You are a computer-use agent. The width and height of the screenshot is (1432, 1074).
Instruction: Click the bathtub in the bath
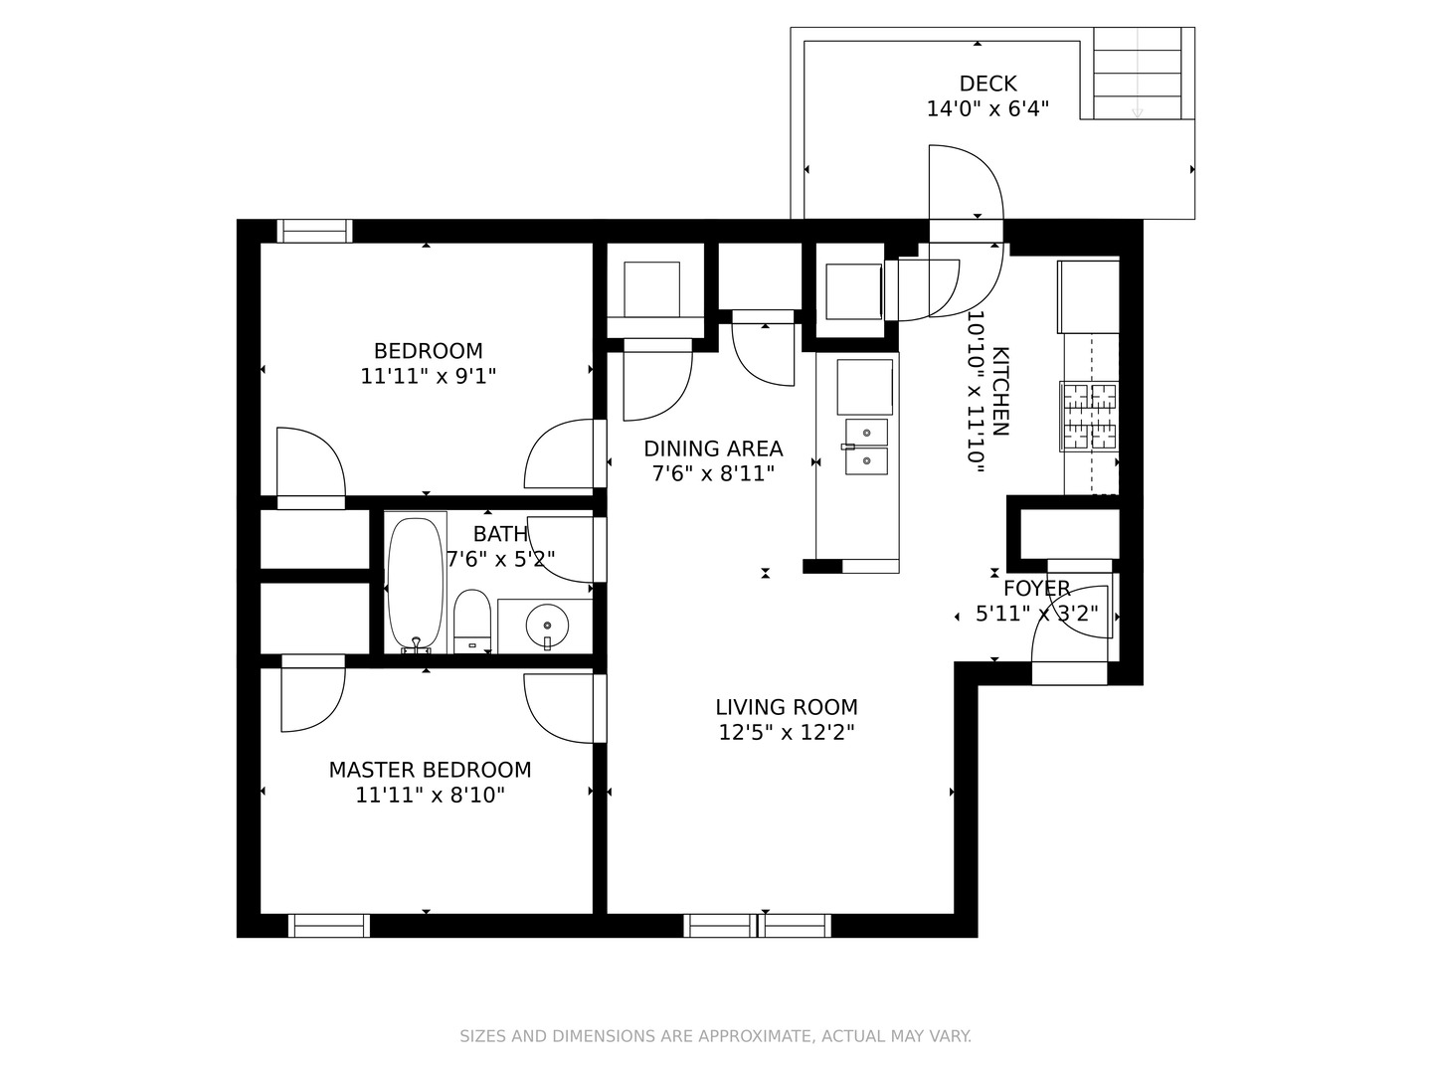point(416,582)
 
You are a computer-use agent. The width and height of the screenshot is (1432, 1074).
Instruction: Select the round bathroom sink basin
point(547,626)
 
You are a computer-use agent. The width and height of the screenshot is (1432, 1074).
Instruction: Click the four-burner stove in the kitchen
point(1090,416)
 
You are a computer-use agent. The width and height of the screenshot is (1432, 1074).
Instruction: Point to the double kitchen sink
point(866,447)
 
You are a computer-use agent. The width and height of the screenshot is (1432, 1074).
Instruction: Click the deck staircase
point(1138,74)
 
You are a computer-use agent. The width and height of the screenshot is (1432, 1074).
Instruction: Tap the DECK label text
point(987,84)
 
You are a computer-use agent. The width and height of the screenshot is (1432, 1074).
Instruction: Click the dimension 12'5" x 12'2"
point(787,733)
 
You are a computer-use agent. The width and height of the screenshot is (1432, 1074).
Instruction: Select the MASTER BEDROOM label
point(430,770)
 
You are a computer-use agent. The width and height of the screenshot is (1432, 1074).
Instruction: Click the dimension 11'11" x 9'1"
point(428,376)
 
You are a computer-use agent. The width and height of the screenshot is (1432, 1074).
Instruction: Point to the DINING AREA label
point(713,448)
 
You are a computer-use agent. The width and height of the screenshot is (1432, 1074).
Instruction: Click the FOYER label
point(1036,588)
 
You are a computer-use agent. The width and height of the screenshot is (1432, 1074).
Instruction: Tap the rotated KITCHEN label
point(999,391)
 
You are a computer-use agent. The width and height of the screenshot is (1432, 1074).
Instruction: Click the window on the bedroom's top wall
point(314,231)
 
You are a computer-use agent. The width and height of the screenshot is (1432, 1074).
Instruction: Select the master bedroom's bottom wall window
point(329,926)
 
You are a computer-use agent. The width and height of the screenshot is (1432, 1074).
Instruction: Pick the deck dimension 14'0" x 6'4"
point(987,109)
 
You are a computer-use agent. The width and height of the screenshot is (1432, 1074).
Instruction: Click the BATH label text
point(500,534)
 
